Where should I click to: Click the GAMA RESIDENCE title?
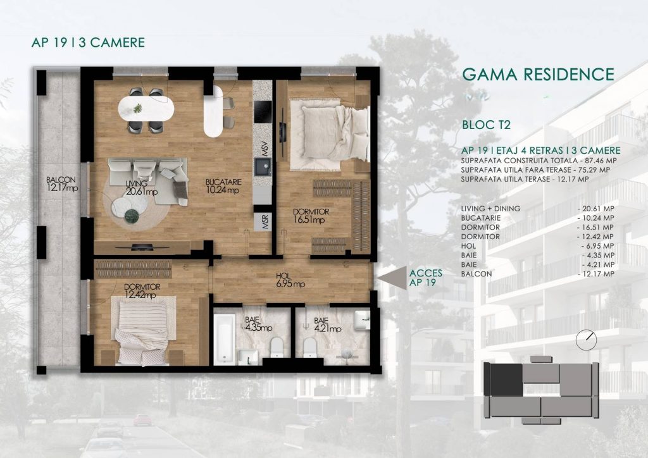[x=538, y=75]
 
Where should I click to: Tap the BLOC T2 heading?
[x=486, y=125]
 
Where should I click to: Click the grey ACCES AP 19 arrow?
[x=392, y=278]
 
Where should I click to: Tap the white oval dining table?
[x=146, y=109]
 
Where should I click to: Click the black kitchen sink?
[x=263, y=167]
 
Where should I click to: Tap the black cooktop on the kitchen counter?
[x=263, y=111]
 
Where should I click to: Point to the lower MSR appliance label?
[x=265, y=222]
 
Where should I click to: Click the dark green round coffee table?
[x=132, y=216]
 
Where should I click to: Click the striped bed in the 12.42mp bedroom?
[x=144, y=330]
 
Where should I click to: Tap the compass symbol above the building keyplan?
[x=587, y=340]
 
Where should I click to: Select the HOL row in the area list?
[x=538, y=245]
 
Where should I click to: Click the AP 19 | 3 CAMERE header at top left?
[x=88, y=42]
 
